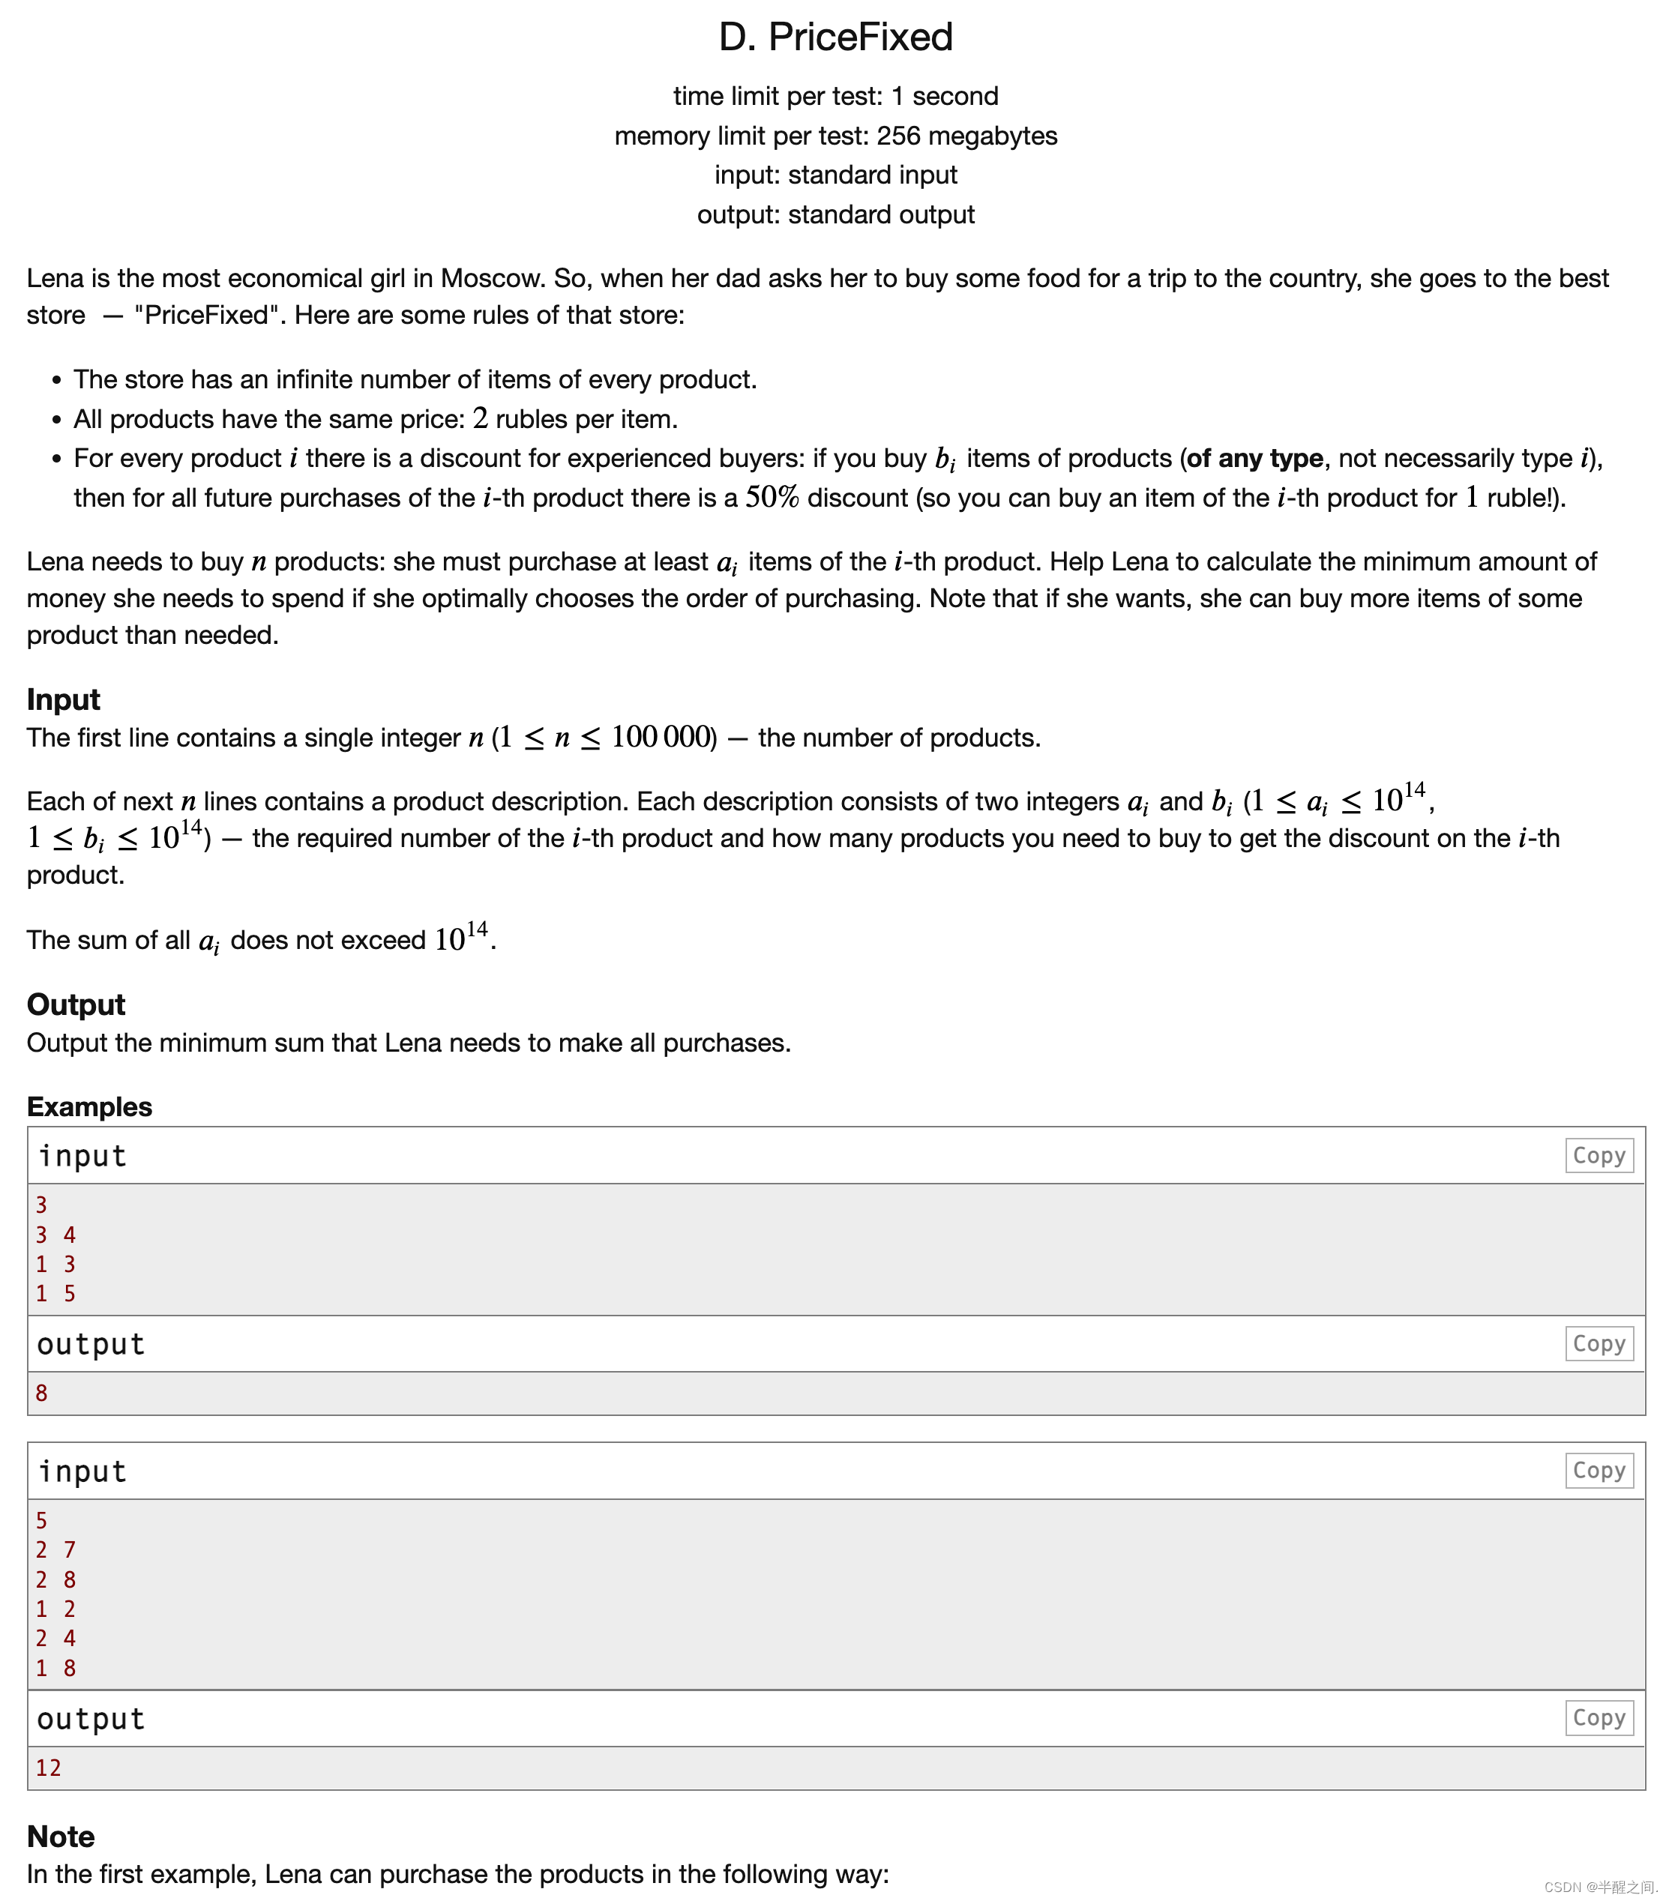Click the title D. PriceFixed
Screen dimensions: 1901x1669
point(834,37)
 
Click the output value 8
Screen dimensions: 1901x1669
point(42,1392)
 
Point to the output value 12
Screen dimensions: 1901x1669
point(49,1768)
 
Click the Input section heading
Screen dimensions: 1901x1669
point(63,699)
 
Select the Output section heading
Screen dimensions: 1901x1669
point(76,1004)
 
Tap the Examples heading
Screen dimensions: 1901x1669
point(89,1106)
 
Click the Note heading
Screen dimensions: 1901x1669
point(61,1837)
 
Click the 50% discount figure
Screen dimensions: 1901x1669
point(772,498)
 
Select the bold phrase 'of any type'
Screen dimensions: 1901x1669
point(1254,459)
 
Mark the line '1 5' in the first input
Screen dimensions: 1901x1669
point(55,1294)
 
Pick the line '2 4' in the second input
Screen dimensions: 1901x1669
point(55,1638)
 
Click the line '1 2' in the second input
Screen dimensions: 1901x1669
point(55,1609)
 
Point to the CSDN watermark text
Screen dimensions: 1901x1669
point(1599,1887)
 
